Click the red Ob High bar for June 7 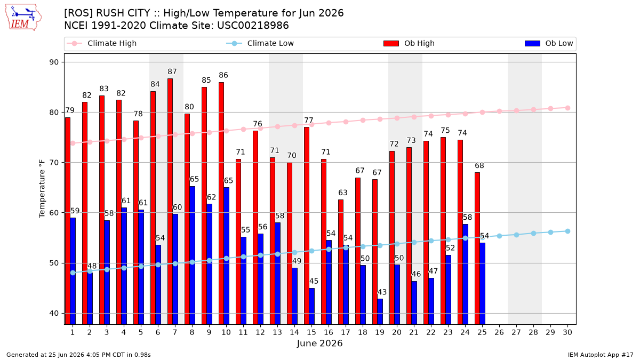(170, 202)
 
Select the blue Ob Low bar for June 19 (380, 311)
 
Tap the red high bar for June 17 (341, 262)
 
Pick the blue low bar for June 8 (193, 255)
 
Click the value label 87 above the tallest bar (172, 71)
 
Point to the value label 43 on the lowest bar (382, 292)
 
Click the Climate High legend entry (102, 43)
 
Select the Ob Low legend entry (549, 43)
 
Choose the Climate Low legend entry (260, 43)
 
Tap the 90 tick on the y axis (54, 62)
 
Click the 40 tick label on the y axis (54, 314)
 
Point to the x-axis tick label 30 (567, 332)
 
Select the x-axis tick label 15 (311, 332)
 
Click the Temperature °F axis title (42, 189)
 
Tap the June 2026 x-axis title (319, 343)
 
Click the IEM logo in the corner (23, 18)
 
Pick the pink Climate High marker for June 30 (567, 108)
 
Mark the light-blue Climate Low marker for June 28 (533, 234)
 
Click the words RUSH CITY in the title (123, 13)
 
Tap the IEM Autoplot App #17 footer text (601, 355)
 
